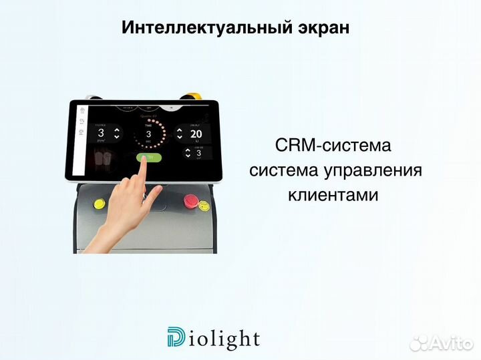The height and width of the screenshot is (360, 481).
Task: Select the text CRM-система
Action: tap(332, 145)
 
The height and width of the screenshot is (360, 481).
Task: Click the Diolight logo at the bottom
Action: tap(213, 338)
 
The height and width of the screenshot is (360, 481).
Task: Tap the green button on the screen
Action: tap(148, 158)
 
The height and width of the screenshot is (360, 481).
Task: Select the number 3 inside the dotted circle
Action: tap(148, 134)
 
